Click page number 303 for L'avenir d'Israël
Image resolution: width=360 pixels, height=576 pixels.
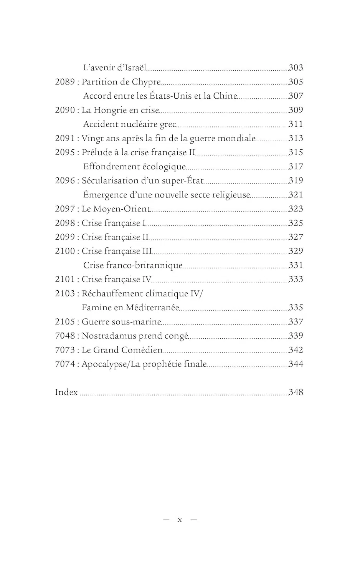click(296, 68)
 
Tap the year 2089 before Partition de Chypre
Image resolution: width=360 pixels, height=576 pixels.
click(65, 82)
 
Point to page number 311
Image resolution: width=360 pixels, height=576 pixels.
click(296, 124)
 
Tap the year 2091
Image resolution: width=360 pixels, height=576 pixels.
click(65, 138)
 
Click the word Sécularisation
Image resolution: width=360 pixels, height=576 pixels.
click(110, 180)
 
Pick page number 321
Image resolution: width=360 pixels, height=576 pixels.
click(296, 195)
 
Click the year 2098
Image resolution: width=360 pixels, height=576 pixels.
click(65, 223)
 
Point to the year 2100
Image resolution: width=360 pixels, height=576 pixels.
click(65, 251)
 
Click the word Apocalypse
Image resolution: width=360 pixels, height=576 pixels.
click(104, 364)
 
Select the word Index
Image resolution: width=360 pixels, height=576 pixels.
click(66, 392)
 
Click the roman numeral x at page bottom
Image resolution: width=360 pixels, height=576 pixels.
click(180, 520)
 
